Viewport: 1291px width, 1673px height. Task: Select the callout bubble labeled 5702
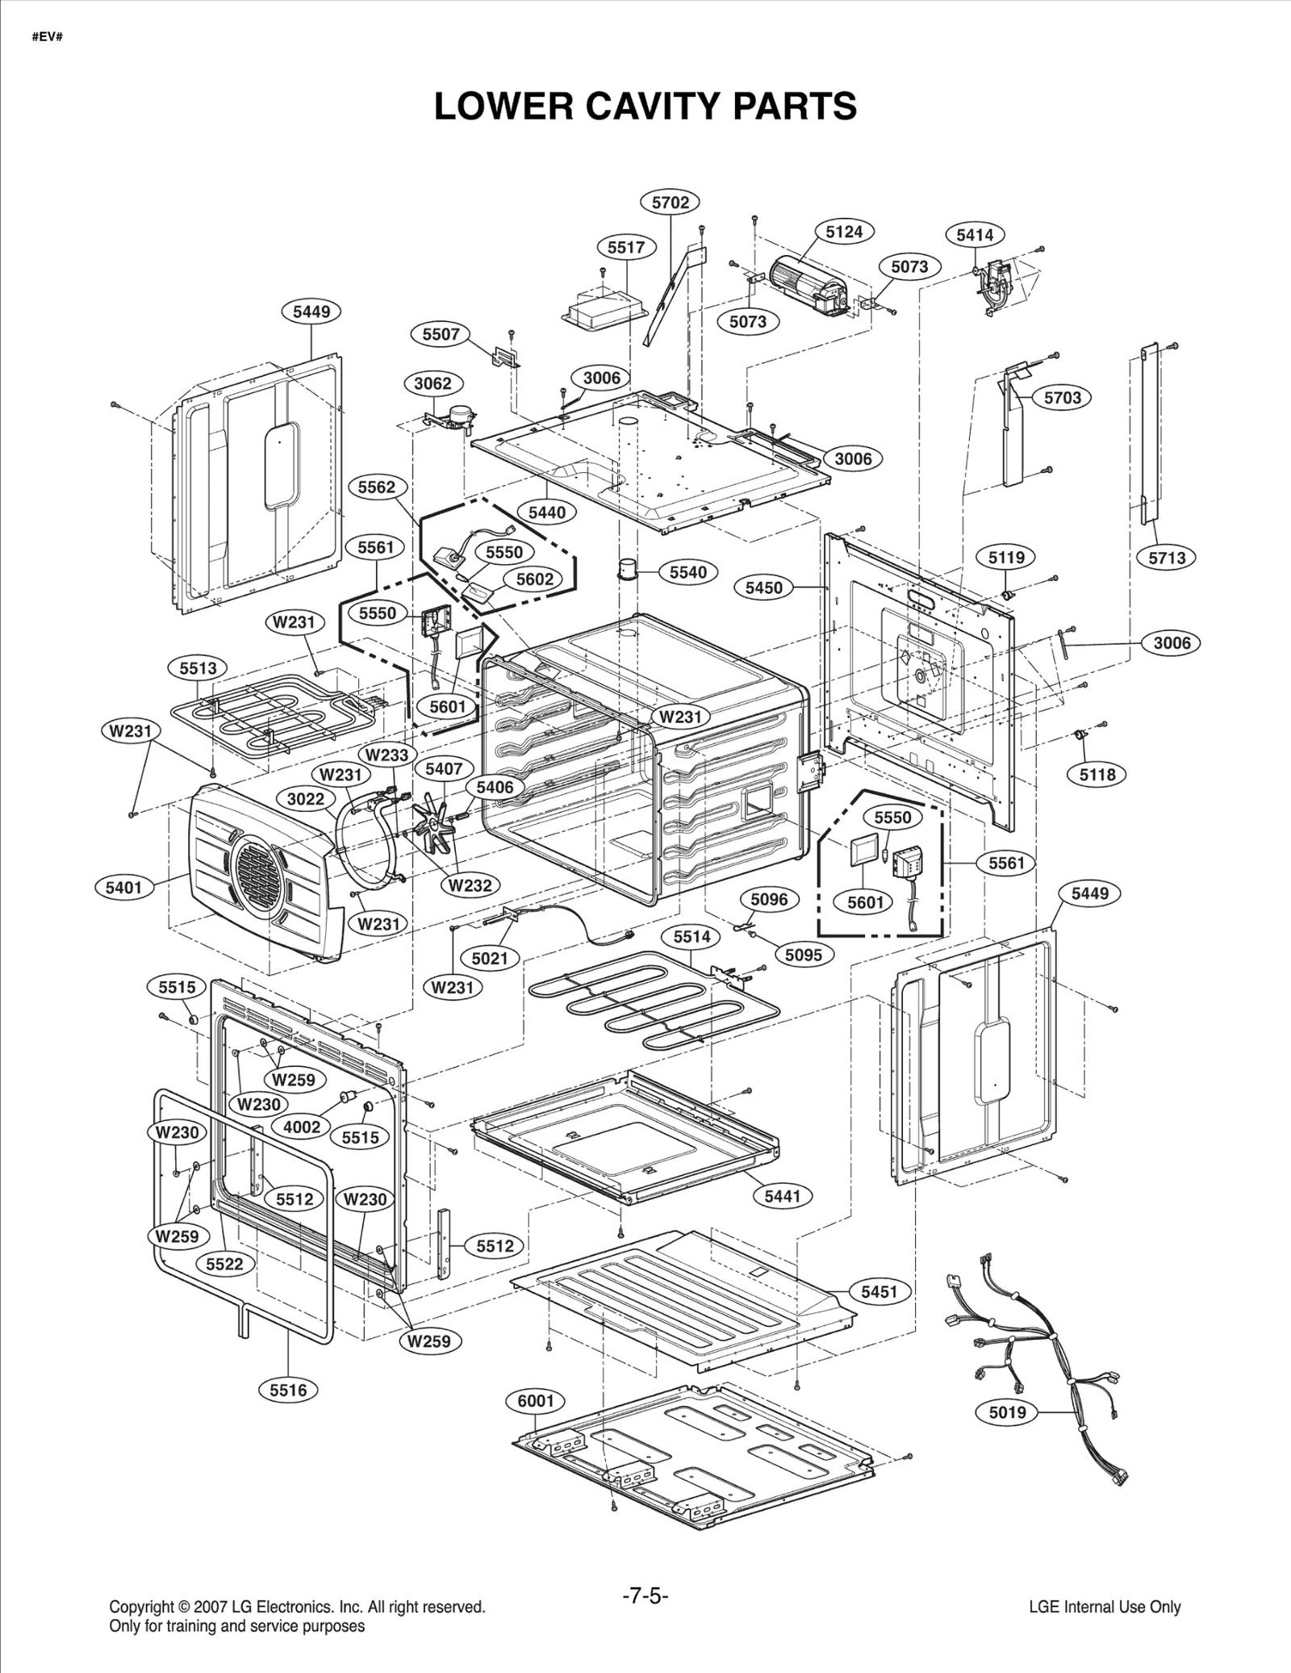pos(671,203)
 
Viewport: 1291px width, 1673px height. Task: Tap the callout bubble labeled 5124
pos(844,232)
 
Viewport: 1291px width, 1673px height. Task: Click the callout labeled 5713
pos(1167,558)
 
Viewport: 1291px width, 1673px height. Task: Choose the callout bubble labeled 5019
pos(1007,1412)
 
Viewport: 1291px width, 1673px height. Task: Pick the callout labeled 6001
pos(536,1401)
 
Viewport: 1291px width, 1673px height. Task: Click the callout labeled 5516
pos(289,1390)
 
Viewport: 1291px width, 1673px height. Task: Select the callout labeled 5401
pos(124,888)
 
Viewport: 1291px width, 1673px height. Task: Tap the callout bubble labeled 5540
pos(688,572)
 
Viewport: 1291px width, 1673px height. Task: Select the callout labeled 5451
pos(879,1292)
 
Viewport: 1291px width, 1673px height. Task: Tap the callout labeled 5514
pos(692,936)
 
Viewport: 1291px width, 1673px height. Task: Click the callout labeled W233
pos(387,755)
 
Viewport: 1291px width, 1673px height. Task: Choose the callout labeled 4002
pos(302,1127)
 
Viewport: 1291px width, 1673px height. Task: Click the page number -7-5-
pos(645,1596)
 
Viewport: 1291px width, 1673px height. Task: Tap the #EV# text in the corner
pos(48,37)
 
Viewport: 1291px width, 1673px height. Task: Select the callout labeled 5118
pos(1097,775)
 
